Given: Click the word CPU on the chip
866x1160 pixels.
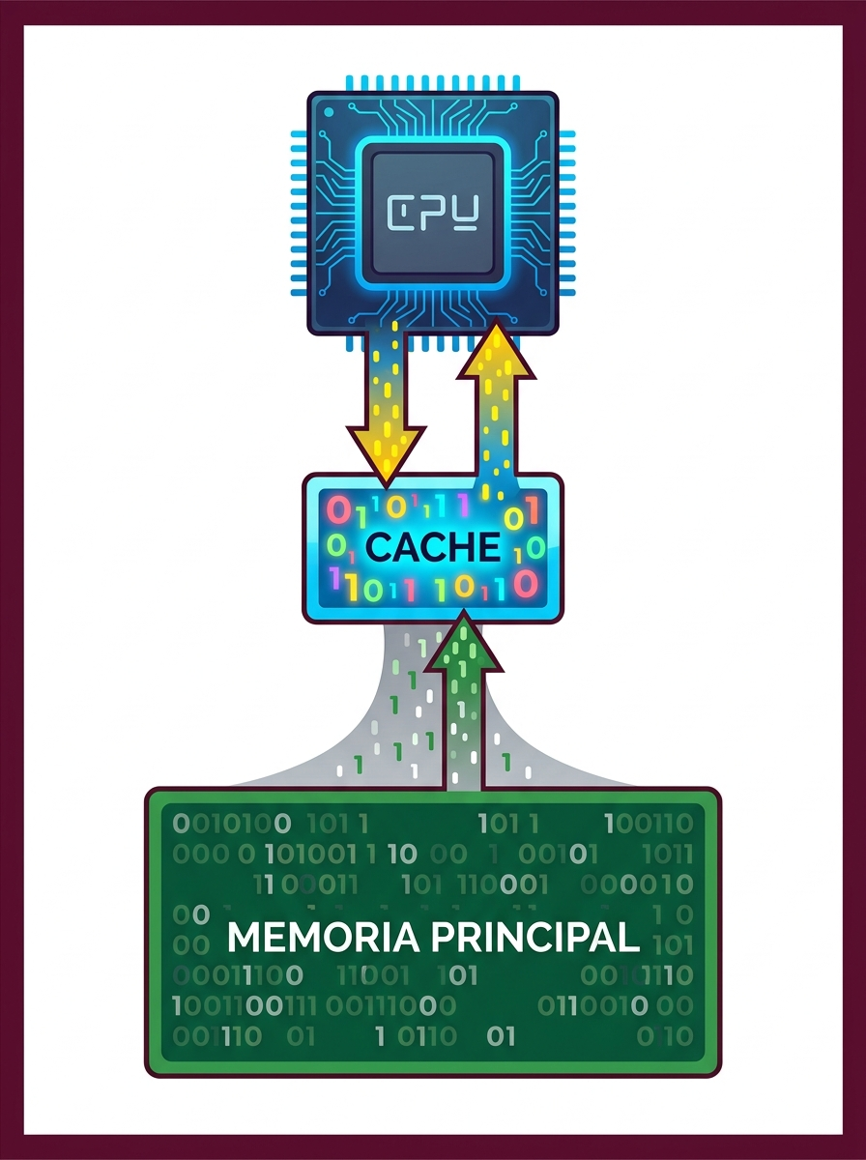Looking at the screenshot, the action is click(x=433, y=213).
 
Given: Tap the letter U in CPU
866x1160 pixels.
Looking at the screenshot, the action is click(x=466, y=213).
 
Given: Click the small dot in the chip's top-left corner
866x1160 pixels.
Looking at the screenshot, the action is click(x=329, y=112).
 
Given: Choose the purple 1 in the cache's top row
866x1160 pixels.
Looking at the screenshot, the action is click(x=463, y=506).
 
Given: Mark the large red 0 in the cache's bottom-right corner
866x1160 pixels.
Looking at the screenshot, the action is click(x=525, y=584).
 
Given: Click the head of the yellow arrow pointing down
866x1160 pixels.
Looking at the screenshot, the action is click(x=387, y=454).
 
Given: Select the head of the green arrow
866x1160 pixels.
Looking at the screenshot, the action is click(x=463, y=641).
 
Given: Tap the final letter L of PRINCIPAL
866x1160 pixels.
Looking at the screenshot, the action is click(x=629, y=938).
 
